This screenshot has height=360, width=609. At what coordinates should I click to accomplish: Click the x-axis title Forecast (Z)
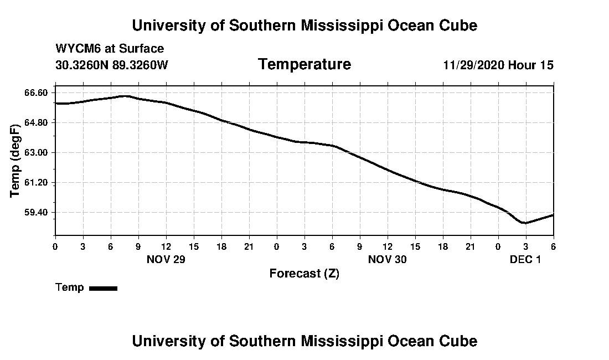[304, 274]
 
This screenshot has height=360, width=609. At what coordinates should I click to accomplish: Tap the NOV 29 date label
[166, 259]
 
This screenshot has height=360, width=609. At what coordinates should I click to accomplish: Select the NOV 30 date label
[388, 259]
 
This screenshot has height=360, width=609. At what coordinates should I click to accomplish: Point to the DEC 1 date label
[525, 259]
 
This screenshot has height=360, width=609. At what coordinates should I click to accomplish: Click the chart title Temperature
[304, 65]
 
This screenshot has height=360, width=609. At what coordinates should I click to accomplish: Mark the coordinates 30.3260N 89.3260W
[111, 65]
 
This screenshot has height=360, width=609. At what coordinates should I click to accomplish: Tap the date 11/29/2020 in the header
[474, 65]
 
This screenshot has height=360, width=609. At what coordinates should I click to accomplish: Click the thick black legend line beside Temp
[103, 288]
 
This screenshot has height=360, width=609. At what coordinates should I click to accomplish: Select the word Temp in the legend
[70, 287]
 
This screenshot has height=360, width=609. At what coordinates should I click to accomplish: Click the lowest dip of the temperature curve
[524, 223]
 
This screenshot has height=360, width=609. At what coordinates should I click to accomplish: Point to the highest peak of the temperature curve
[126, 96]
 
